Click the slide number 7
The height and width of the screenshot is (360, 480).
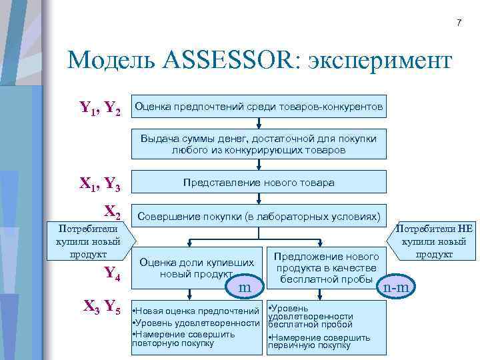coord(458,23)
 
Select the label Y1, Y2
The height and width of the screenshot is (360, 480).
coord(100,107)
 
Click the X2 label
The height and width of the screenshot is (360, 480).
coord(112,212)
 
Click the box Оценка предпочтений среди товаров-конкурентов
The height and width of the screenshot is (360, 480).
coord(259,107)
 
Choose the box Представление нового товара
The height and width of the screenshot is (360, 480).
coord(259,182)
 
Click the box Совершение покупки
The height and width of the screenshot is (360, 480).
coord(259,217)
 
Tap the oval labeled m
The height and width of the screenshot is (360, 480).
coord(245,287)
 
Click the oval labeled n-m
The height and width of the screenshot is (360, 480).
coord(398,287)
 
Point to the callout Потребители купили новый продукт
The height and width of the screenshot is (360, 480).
coord(88,241)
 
